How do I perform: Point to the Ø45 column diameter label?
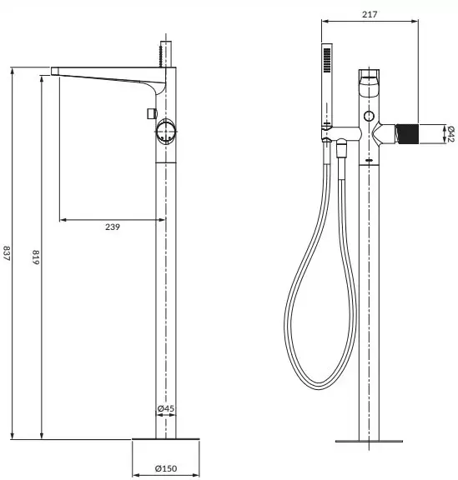click(166, 409)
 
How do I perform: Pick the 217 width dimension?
click(369, 13)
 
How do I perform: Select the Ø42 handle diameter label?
click(450, 132)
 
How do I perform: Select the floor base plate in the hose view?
click(369, 441)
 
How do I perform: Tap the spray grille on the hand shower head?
click(324, 62)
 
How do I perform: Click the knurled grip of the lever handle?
click(406, 132)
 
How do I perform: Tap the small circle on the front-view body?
click(368, 113)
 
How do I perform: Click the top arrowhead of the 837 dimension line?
click(13, 70)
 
